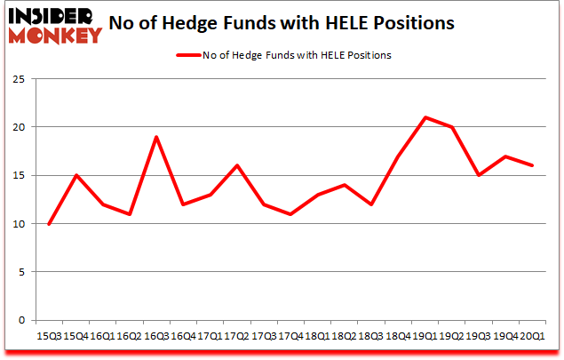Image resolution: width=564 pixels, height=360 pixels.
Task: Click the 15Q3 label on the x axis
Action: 49,336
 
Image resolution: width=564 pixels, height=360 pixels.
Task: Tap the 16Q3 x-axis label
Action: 156,336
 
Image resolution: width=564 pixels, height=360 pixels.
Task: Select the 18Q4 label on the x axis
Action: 398,336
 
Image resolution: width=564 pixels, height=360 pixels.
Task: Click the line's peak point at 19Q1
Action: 425,117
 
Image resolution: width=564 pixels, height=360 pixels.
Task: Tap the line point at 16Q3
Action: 156,137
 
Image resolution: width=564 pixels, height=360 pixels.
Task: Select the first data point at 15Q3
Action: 49,224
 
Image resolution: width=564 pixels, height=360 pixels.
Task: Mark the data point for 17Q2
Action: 237,165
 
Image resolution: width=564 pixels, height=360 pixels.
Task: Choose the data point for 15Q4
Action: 75,175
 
